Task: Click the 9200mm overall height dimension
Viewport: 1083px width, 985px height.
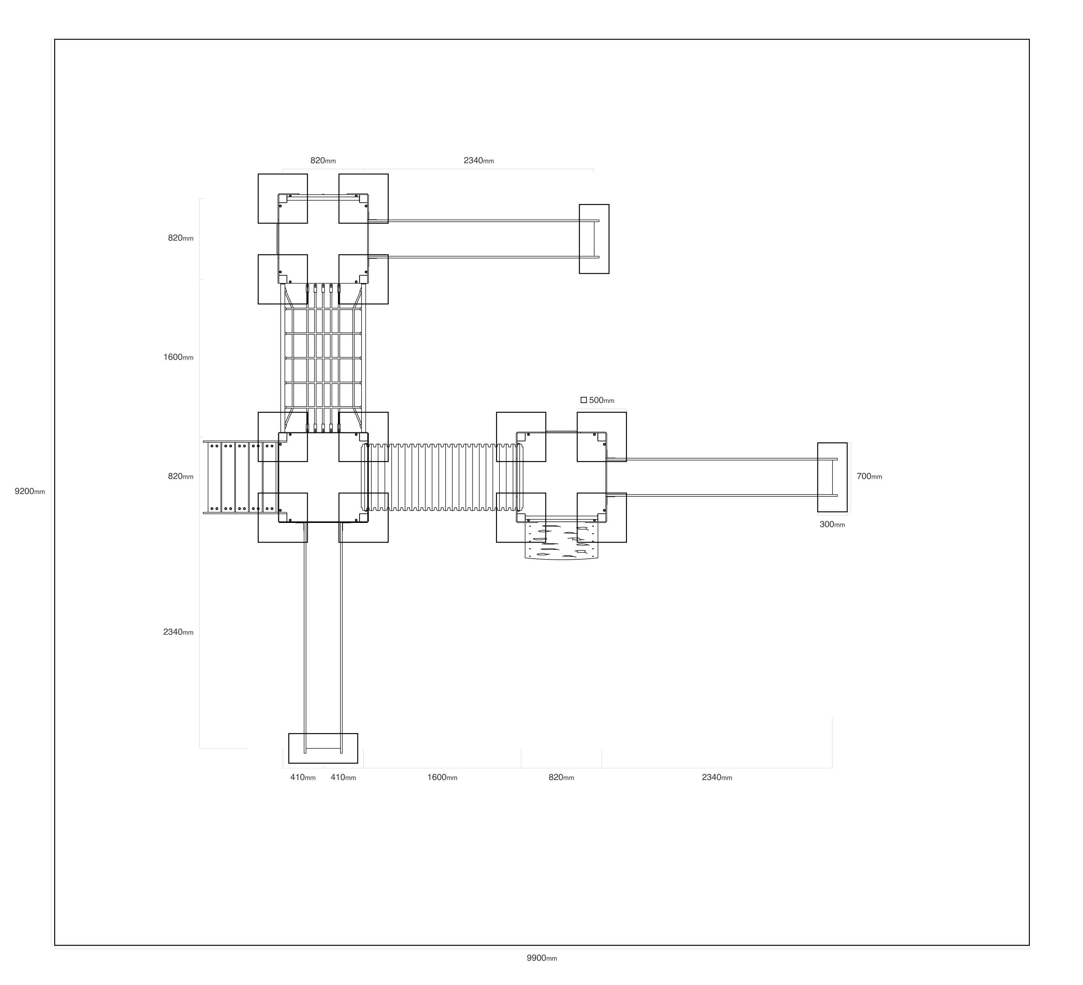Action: (x=30, y=491)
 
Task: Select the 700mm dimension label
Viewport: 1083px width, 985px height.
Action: (x=869, y=476)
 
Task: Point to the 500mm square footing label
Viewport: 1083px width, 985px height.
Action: (x=602, y=400)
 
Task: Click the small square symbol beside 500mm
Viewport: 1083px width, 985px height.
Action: (x=584, y=400)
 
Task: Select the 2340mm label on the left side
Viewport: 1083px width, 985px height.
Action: (x=178, y=632)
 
